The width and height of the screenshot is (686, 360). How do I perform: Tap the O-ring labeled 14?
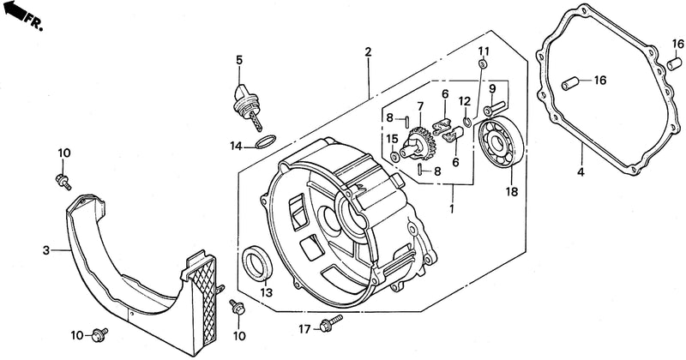pyautogui.click(x=266, y=141)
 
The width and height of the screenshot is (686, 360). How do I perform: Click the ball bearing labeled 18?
pyautogui.click(x=501, y=141)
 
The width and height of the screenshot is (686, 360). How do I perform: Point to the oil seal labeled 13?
pyautogui.click(x=257, y=263)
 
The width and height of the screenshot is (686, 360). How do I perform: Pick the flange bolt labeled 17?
pyautogui.click(x=331, y=323)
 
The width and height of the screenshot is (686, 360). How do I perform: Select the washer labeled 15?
pyautogui.click(x=394, y=157)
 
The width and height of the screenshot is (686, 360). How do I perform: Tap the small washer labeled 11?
pyautogui.click(x=483, y=64)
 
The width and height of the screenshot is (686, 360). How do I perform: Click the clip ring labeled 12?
pyautogui.click(x=467, y=121)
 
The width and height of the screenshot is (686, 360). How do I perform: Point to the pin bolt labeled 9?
pyautogui.click(x=495, y=109)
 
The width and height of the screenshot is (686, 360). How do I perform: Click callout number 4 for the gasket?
pyautogui.click(x=581, y=172)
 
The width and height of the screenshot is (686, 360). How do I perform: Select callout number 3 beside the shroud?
pyautogui.click(x=46, y=250)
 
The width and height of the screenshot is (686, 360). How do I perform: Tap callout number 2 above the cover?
pyautogui.click(x=368, y=52)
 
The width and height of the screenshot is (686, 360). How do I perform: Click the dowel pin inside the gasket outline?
pyautogui.click(x=570, y=83)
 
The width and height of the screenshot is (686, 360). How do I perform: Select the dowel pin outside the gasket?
pyautogui.click(x=674, y=64)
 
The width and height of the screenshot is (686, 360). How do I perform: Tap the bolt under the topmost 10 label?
pyautogui.click(x=63, y=181)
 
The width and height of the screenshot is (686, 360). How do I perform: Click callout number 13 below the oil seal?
pyautogui.click(x=267, y=292)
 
